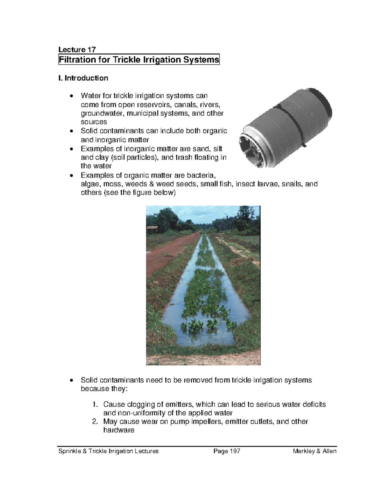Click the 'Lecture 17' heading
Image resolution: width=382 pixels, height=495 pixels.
tap(77, 49)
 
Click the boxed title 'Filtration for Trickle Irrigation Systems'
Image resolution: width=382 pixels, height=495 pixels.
tap(139, 60)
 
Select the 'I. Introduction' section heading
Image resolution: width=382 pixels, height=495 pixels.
tap(83, 78)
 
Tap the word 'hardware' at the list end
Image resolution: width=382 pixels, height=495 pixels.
tap(119, 430)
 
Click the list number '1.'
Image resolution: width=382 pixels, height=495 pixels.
tap(95, 404)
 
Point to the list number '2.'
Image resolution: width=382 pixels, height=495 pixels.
tap(95, 421)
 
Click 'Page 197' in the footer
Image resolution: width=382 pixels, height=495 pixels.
tap(227, 451)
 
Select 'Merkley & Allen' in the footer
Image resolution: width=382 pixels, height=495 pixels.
tap(315, 451)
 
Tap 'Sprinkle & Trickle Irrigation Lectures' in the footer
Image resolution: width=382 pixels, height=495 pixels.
tap(108, 451)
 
